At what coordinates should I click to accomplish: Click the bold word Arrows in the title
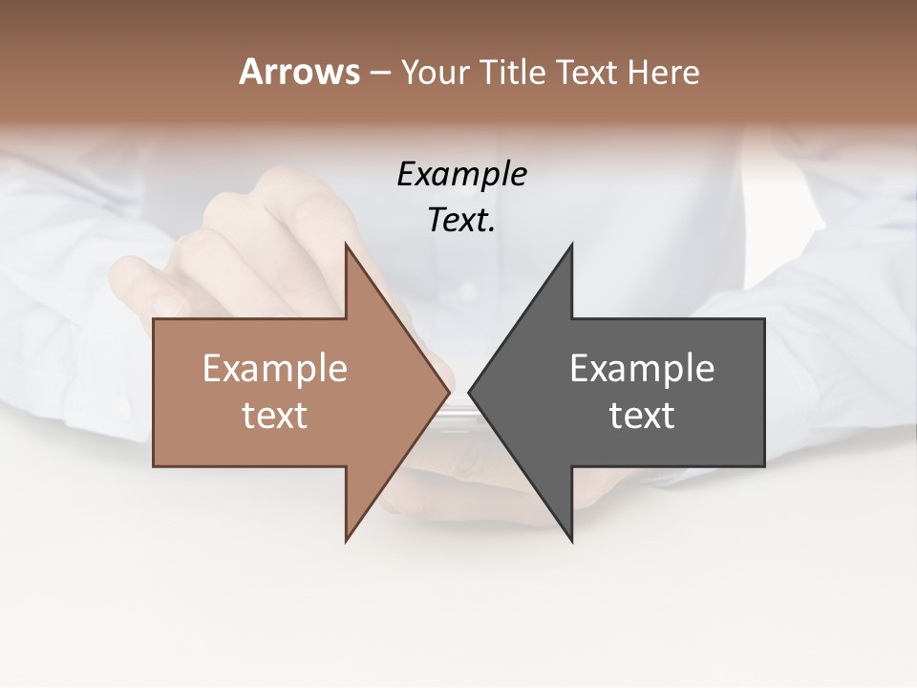point(299,72)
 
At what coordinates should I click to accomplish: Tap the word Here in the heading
point(665,73)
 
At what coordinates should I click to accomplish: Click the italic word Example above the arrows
point(461,174)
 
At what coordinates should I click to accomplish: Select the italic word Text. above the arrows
point(461,220)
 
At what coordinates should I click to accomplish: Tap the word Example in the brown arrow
point(275,368)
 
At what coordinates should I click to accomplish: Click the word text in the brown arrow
point(275,415)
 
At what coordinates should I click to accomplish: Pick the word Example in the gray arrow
point(642,368)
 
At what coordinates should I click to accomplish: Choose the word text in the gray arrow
point(642,415)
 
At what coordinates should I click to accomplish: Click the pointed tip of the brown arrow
point(449,392)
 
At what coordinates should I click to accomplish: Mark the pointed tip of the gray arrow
point(469,392)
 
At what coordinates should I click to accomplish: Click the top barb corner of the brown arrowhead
point(346,245)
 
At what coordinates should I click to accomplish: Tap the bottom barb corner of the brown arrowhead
point(346,541)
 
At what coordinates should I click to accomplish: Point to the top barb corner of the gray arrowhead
point(571,245)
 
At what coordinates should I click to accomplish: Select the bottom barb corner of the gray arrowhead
point(571,541)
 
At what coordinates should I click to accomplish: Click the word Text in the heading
point(586,73)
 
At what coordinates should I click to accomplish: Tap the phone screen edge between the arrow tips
point(459,411)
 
